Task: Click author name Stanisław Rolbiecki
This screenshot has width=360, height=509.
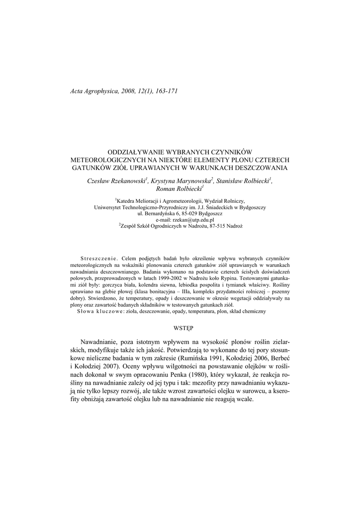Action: [x=243, y=181]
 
